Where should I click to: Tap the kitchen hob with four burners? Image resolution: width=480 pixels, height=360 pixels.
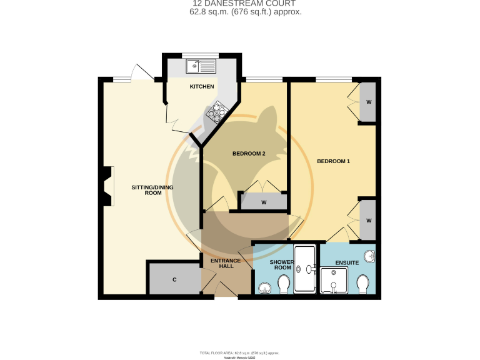point(217,112)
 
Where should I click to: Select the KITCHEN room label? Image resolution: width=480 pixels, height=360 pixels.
point(202,87)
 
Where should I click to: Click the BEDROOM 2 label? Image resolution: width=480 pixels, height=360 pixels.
point(249,154)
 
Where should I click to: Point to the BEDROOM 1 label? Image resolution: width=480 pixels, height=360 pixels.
point(333,162)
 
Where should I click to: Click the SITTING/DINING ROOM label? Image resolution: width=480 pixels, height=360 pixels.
point(152,190)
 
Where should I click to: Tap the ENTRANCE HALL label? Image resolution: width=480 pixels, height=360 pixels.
point(222,262)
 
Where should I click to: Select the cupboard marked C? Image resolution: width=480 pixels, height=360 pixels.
point(174,279)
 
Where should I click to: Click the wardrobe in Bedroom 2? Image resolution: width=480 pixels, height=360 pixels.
point(264,202)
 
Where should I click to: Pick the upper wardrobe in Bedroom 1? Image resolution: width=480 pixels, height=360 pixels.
point(368,102)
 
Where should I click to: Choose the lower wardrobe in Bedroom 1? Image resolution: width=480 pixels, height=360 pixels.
point(368,221)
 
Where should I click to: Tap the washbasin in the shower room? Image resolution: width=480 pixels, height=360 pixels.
point(264,288)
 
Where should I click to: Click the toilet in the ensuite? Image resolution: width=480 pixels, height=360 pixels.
point(362,284)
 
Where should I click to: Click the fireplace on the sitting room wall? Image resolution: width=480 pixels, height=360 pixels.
point(107,186)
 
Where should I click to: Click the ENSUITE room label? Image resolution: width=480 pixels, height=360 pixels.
point(347,263)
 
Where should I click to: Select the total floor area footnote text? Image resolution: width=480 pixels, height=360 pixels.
point(240,353)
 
